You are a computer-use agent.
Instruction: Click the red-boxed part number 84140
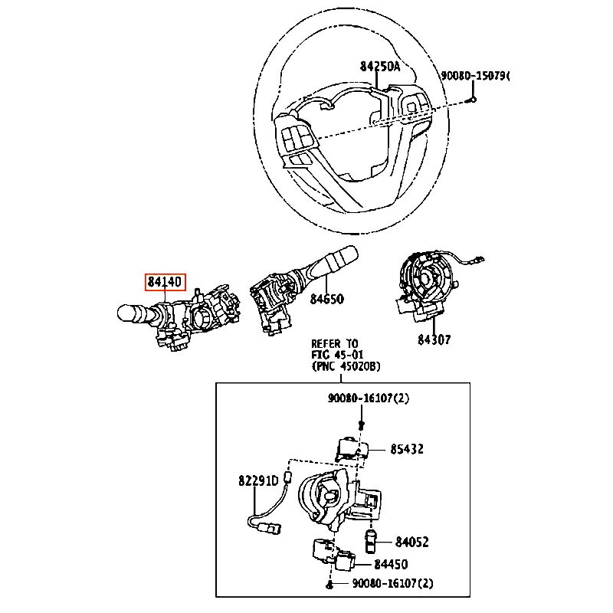click(x=165, y=282)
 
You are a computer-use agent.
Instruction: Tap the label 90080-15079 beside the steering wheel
click(x=474, y=76)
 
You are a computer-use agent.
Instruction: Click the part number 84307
click(x=434, y=339)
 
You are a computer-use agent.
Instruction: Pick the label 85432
click(x=406, y=449)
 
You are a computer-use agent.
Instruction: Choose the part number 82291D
click(x=257, y=481)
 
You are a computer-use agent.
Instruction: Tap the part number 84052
click(x=411, y=543)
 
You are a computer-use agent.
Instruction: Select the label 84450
click(x=390, y=565)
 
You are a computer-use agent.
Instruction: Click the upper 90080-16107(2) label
click(x=370, y=398)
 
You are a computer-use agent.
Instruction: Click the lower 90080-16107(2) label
click(x=392, y=584)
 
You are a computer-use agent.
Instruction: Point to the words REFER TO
click(x=334, y=343)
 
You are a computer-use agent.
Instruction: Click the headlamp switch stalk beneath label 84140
click(x=142, y=312)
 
